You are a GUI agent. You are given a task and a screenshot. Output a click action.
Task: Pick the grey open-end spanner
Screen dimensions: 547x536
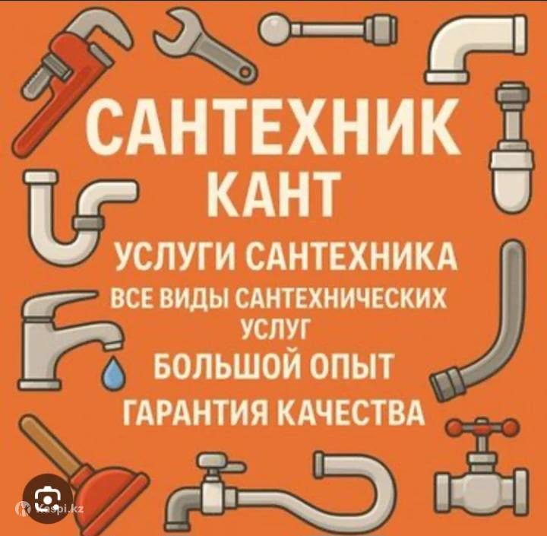point(206,46)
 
